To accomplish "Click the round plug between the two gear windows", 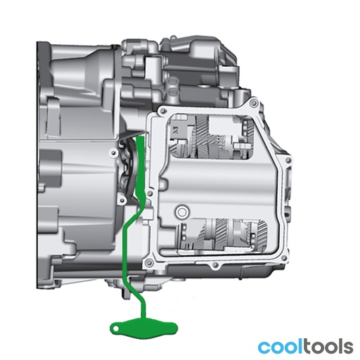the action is tap(181, 212).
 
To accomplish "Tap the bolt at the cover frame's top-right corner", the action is tap(252, 103).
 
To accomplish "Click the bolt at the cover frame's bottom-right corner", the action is tap(285, 258).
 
